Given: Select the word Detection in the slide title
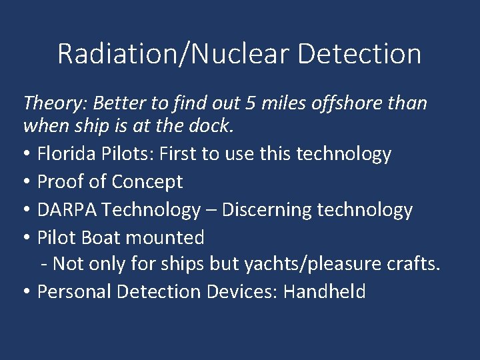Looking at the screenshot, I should [x=359, y=54].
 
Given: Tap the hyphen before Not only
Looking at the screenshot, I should [x=44, y=265].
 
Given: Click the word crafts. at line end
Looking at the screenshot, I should [x=414, y=265].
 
